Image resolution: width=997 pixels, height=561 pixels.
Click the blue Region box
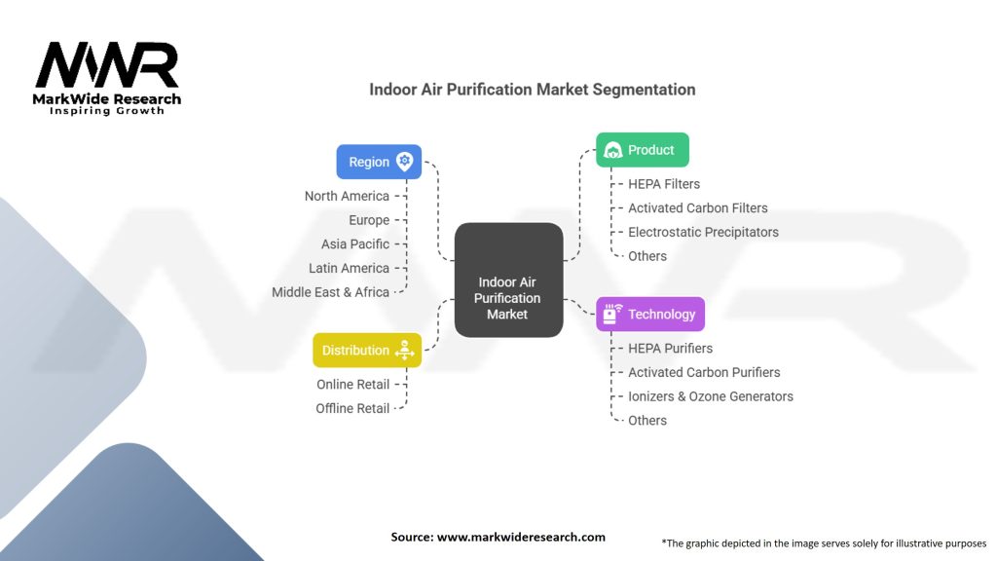[x=379, y=162]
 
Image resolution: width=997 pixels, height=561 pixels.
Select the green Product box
[x=642, y=150]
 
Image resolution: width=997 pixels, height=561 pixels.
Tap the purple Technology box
[x=649, y=314]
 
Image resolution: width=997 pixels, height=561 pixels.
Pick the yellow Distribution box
[x=366, y=350]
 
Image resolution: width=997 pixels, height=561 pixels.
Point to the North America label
[x=346, y=196]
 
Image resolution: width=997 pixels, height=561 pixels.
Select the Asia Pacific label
[x=354, y=243]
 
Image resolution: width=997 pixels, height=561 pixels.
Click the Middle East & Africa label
[x=330, y=291]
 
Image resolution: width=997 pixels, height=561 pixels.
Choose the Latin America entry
[x=349, y=268]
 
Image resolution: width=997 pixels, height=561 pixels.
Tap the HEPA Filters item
[x=663, y=183]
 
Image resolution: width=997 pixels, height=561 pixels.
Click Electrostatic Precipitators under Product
[x=703, y=232]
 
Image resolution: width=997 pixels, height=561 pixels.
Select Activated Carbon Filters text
[x=697, y=207]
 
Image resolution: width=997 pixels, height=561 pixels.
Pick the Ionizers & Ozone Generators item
[x=710, y=396]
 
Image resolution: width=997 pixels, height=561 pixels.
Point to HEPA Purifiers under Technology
[x=670, y=348]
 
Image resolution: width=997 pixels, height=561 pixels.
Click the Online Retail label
[x=352, y=384]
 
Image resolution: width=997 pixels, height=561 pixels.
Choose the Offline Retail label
[x=352, y=408]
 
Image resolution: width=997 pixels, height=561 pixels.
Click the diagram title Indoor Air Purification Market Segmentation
[x=532, y=90]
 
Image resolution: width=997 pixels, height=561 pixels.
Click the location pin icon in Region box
[x=404, y=162]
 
